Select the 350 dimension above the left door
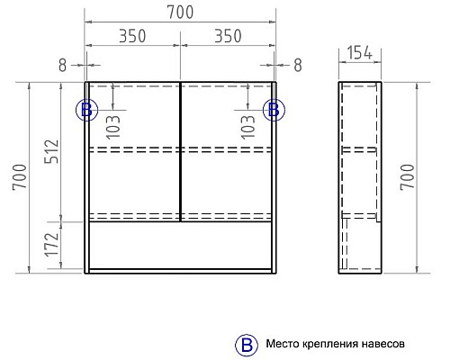click(x=132, y=38)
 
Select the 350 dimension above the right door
click(x=228, y=38)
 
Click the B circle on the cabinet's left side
click(x=85, y=110)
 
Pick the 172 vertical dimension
click(x=51, y=243)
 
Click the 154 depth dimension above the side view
click(x=360, y=55)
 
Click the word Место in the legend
click(x=283, y=344)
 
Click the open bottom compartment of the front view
click(x=180, y=245)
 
